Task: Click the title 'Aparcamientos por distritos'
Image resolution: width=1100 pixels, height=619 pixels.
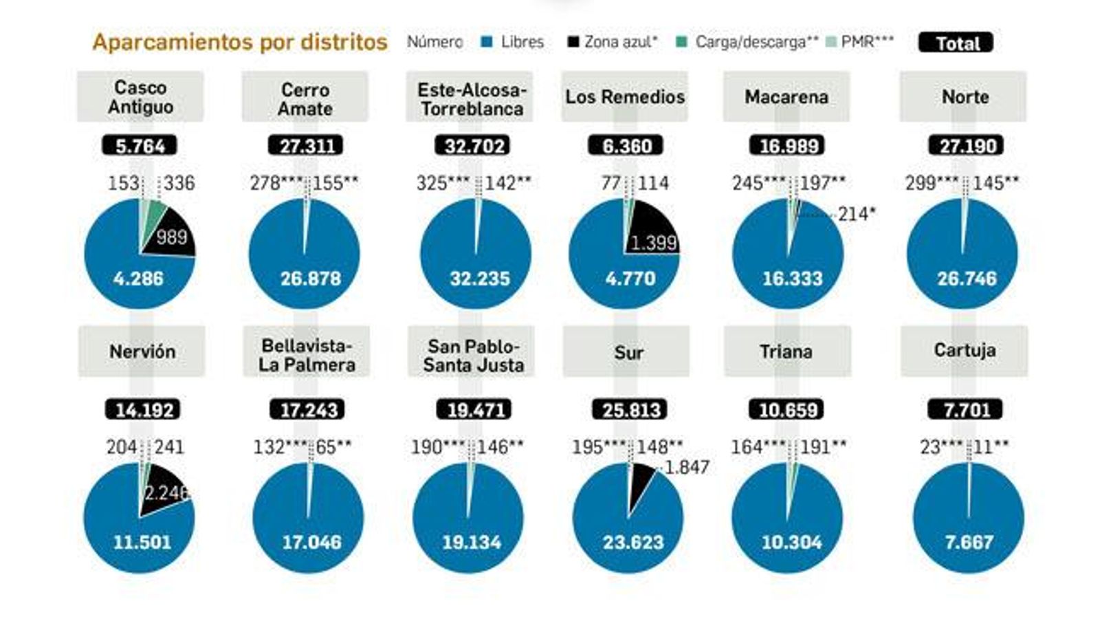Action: coord(240,42)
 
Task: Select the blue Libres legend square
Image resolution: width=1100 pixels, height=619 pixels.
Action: coord(487,42)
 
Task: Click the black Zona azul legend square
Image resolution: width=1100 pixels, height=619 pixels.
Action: coord(573,42)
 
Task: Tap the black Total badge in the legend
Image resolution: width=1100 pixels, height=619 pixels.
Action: coord(956,43)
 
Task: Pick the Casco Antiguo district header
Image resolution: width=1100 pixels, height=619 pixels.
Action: coord(140,97)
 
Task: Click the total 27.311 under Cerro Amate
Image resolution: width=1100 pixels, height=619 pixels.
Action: coord(305,146)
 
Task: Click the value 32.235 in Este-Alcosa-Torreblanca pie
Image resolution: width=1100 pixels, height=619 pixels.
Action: coord(480,279)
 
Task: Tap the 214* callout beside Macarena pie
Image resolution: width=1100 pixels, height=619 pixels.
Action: coord(856,214)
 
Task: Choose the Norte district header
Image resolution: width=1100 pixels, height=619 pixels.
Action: coord(964,97)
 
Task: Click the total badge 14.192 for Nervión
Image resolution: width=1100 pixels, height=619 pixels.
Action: coord(143,410)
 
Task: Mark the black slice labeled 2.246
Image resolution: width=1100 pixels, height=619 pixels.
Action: coord(164,490)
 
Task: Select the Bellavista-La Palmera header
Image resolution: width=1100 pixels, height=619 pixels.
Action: coord(307,355)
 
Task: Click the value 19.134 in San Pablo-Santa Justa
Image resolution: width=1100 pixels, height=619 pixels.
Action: coord(472,542)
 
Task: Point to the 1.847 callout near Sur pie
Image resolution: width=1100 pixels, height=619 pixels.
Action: coord(687,467)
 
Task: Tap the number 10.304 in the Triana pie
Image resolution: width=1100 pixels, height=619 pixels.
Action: coord(791,542)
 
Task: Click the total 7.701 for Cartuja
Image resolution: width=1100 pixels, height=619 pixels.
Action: coord(965,410)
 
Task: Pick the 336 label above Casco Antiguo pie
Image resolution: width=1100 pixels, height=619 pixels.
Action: coord(179,183)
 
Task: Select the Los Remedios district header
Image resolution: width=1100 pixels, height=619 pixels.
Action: coord(624,97)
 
